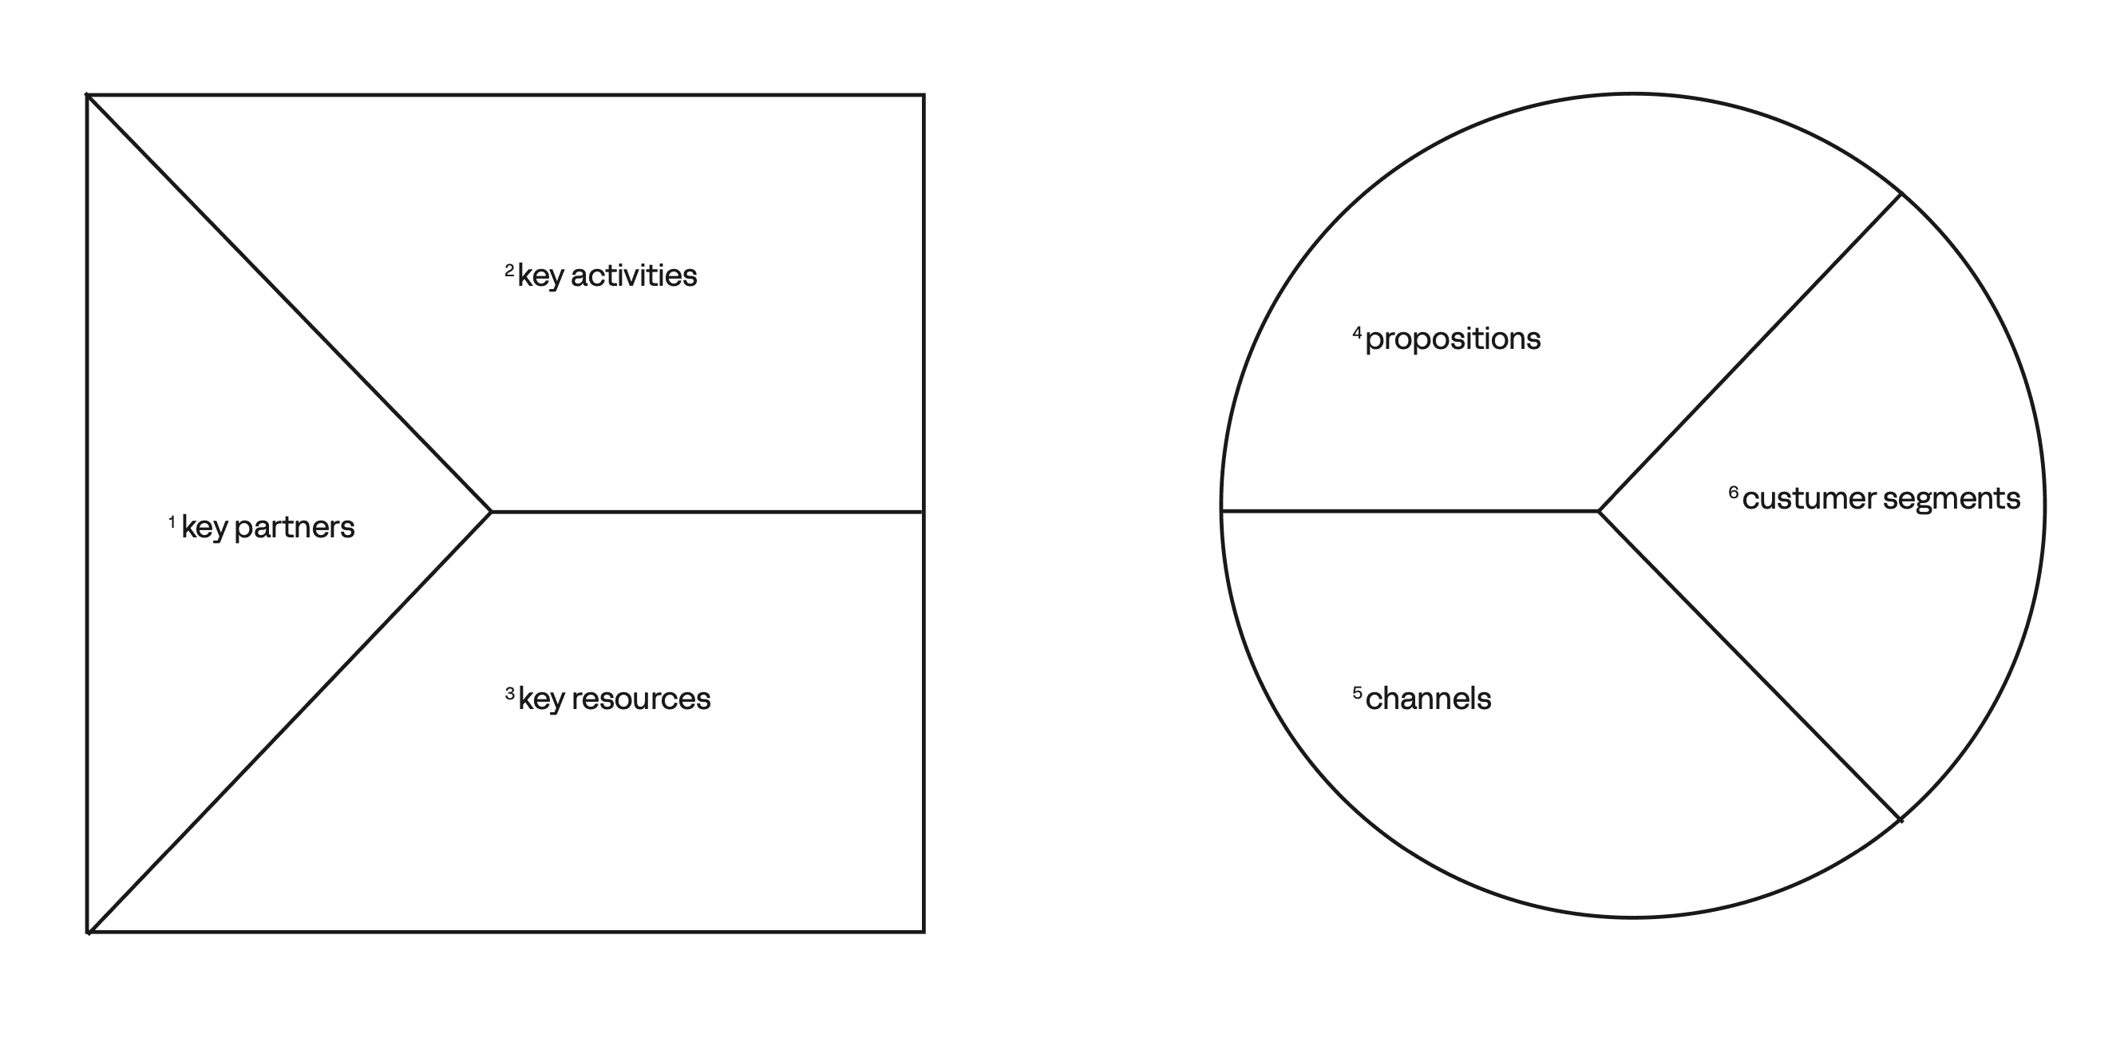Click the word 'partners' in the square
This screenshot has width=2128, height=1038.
coord(294,527)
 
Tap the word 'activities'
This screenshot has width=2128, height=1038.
coord(634,275)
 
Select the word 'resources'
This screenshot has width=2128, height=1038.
coord(641,699)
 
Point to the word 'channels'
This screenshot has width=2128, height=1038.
coord(1428,699)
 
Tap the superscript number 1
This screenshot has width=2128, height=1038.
coord(172,521)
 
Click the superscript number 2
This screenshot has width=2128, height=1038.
coord(510,270)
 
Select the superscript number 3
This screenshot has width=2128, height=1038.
coord(510,693)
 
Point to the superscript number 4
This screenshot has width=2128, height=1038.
coord(1357,333)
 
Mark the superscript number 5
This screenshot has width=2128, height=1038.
coord(1357,692)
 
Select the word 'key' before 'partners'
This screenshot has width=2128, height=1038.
coord(204,528)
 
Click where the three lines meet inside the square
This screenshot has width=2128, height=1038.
coord(492,513)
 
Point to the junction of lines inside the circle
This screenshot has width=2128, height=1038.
coord(1600,512)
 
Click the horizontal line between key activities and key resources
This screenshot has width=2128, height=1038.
coord(707,513)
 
